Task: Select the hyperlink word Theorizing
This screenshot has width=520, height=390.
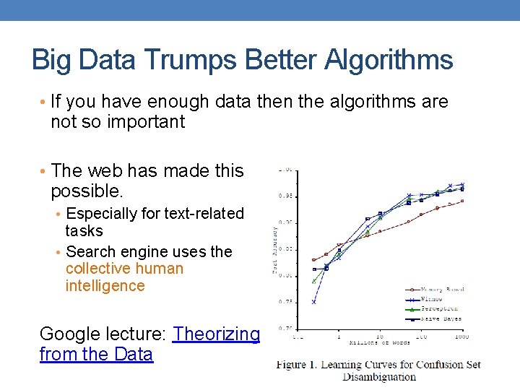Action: [216, 334]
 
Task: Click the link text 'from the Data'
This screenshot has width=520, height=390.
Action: [96, 354]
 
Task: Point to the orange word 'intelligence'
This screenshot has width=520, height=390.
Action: [105, 286]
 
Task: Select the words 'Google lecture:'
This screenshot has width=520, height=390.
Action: [103, 334]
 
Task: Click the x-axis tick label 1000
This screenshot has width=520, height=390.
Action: [461, 337]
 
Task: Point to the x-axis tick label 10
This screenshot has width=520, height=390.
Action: [379, 337]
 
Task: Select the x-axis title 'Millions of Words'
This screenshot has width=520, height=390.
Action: [378, 342]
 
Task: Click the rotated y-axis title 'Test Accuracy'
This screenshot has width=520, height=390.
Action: [274, 249]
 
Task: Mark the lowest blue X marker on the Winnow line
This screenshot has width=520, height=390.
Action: [313, 302]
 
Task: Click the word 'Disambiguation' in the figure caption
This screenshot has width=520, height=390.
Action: [378, 376]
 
